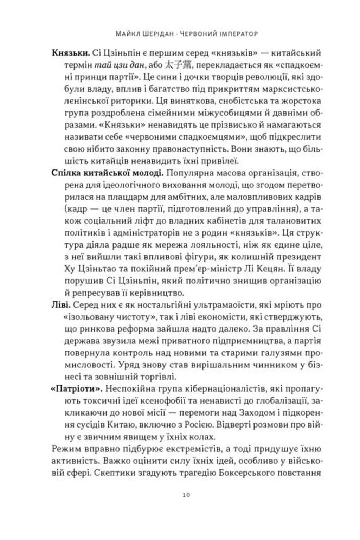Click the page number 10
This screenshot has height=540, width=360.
click(186, 495)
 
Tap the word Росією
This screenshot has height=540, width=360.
click(201, 425)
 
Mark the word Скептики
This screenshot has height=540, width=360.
click(111, 473)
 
